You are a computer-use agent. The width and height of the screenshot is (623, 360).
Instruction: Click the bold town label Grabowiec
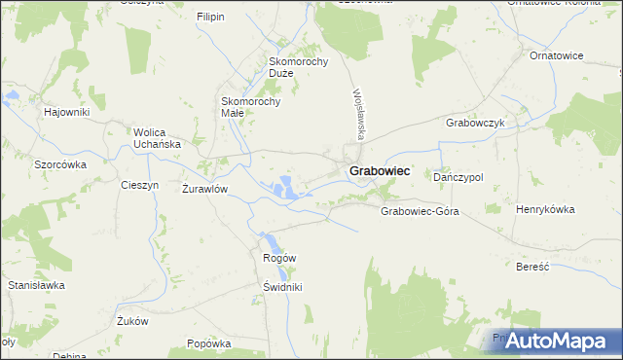[379, 171]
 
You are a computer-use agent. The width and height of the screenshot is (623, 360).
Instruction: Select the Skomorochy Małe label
[251, 106]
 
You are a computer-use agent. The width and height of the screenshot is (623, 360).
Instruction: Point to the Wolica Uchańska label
[158, 138]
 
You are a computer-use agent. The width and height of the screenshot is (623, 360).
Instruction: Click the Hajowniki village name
[66, 112]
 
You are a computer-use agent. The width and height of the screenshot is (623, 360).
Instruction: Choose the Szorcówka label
[60, 164]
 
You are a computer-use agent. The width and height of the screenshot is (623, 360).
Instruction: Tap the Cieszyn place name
[138, 185]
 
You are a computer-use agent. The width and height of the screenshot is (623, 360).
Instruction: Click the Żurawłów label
[204, 189]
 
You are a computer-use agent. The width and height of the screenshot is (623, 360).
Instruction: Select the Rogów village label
[279, 257]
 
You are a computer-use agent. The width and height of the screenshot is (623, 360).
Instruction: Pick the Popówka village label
[208, 343]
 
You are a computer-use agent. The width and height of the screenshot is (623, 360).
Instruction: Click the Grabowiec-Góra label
[420, 210]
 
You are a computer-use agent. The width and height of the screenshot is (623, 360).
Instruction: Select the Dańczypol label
[458, 177]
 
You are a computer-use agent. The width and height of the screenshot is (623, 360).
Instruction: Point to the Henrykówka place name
[545, 209]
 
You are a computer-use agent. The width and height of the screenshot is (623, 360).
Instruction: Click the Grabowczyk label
[474, 124]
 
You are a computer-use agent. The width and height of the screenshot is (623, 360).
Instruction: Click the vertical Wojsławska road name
[357, 112]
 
